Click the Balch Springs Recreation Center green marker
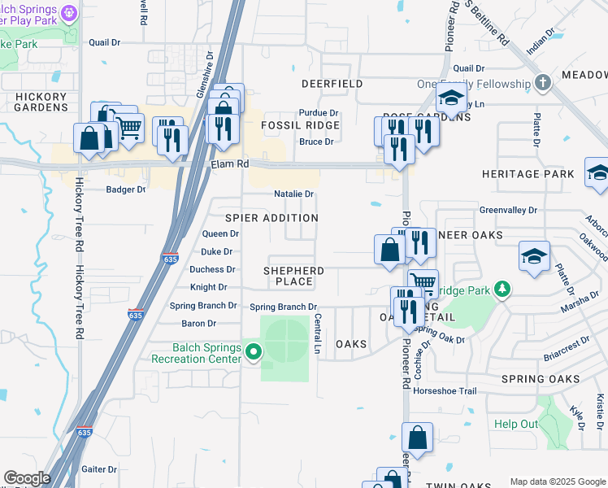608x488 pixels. pyautogui.click(x=254, y=352)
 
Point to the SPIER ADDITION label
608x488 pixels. pyautogui.click(x=271, y=218)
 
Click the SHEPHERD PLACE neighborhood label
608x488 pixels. pyautogui.click(x=294, y=276)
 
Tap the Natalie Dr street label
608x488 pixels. pyautogui.click(x=293, y=194)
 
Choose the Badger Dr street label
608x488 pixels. pyautogui.click(x=126, y=190)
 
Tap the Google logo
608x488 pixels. pyautogui.click(x=26, y=478)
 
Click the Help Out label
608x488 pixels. pyautogui.click(x=516, y=424)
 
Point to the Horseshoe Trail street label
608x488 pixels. pyautogui.click(x=445, y=390)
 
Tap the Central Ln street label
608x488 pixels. pyautogui.click(x=317, y=334)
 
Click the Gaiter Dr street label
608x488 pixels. pyautogui.click(x=100, y=469)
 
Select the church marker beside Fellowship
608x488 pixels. pyautogui.click(x=543, y=83)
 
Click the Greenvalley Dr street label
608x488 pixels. pyautogui.click(x=508, y=210)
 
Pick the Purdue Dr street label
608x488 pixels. pyautogui.click(x=318, y=113)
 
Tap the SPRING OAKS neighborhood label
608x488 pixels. pyautogui.click(x=541, y=379)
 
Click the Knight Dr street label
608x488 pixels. pyautogui.click(x=209, y=287)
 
